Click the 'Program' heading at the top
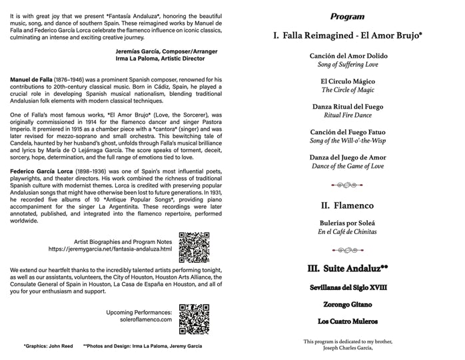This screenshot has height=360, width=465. tap(347, 15)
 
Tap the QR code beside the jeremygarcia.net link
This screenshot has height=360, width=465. tap(195, 247)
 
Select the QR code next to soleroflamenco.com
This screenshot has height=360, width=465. tap(195, 319)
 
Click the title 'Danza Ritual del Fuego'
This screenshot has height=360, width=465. tap(348, 107)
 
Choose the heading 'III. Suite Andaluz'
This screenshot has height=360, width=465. tap(348, 269)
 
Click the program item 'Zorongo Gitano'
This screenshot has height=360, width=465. tap(348, 304)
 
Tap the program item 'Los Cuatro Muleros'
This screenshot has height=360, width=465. tap(348, 321)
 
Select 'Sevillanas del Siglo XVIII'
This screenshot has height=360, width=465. tap(348, 287)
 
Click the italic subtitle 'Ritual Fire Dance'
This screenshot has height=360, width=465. tap(348, 115)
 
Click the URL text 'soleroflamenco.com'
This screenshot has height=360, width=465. tap(141, 319)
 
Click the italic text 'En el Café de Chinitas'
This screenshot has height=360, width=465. tap(348, 231)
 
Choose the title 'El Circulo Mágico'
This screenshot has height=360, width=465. tap(348, 81)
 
